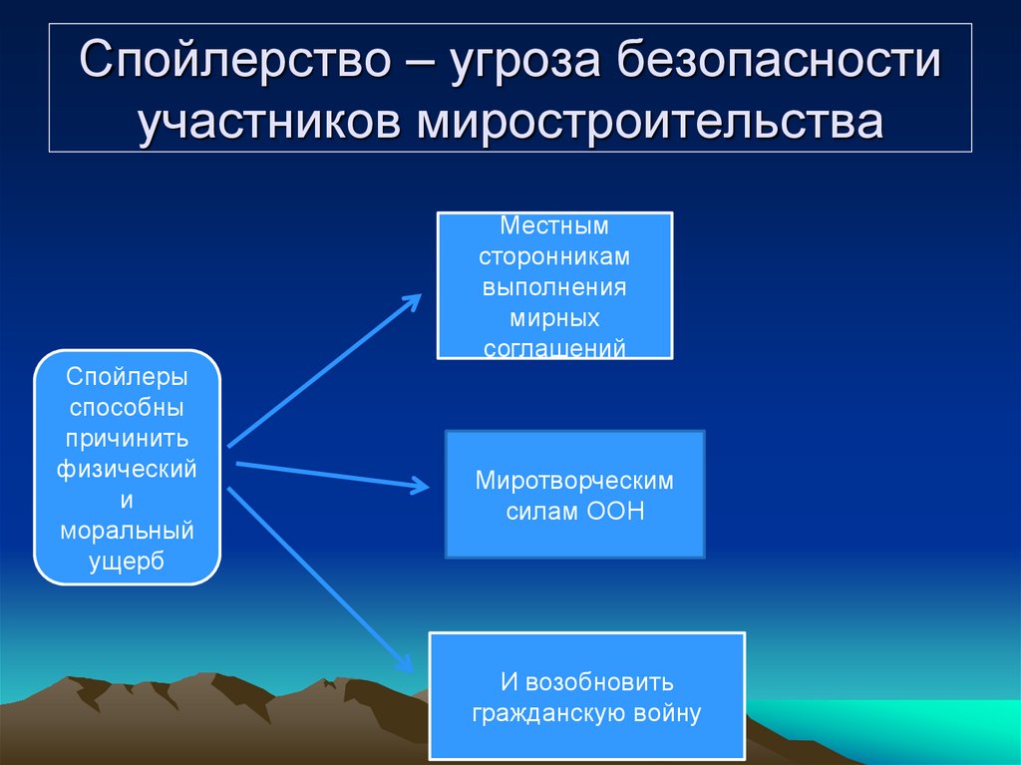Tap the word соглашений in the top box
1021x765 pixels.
tap(554, 348)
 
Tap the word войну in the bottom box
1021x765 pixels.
tap(666, 713)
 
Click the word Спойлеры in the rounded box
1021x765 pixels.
tap(127, 377)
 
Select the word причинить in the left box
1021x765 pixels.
tap(127, 438)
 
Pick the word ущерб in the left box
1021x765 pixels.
tap(127, 562)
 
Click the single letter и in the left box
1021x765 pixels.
tap(127, 500)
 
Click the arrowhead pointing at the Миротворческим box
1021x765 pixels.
tap(421, 486)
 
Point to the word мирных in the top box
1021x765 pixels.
tap(554, 318)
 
